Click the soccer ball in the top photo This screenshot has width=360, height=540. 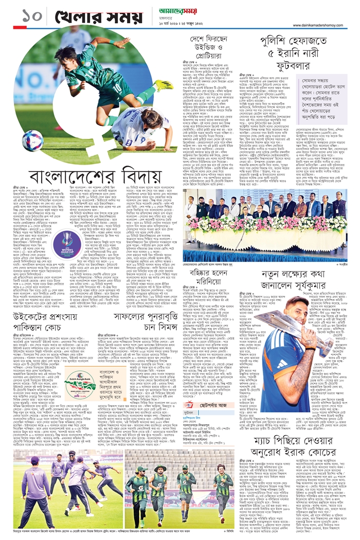[32, 140]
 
